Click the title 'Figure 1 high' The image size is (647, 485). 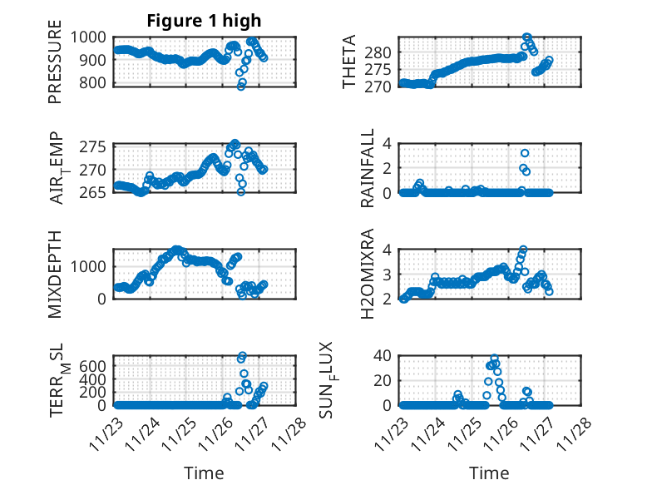204,21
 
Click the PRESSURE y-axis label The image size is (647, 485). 55,67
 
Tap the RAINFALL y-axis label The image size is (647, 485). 367,169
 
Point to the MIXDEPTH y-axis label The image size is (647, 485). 55,274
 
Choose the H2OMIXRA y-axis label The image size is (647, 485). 367,274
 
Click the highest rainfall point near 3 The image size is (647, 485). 525,153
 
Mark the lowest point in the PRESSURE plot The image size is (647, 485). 241,86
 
